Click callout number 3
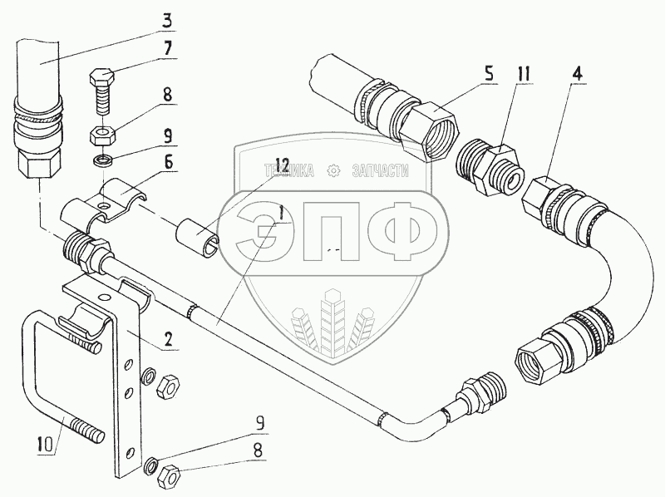(x=168, y=17)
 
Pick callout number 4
(x=575, y=72)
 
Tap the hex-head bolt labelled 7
(x=101, y=91)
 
